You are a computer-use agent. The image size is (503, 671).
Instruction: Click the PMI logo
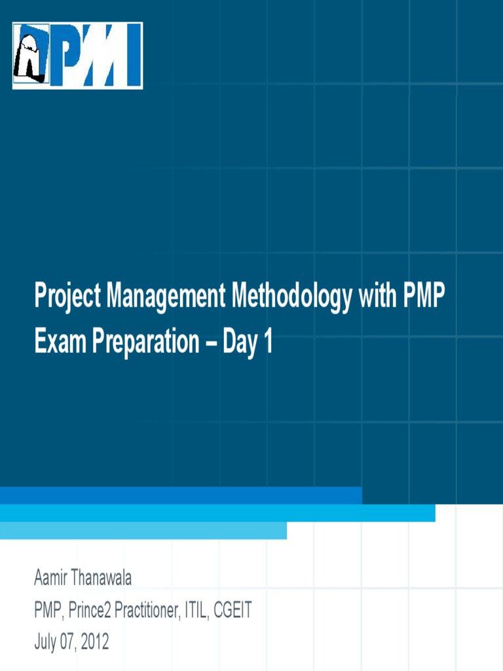coord(77,56)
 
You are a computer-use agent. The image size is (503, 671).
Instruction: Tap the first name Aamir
coord(52,579)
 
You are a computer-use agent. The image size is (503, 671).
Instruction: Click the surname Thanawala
coord(103,579)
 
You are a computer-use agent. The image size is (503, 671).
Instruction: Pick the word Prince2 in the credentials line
coord(92,611)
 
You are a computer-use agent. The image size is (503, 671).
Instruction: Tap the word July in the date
coord(45,643)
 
